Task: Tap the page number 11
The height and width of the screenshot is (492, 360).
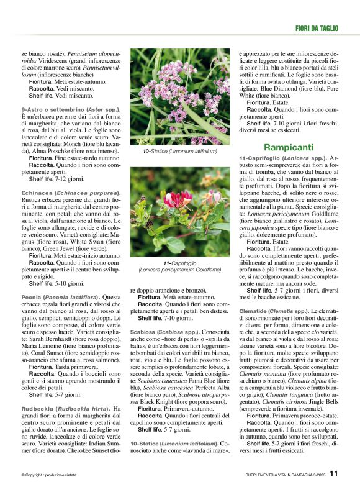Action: pos(334,473)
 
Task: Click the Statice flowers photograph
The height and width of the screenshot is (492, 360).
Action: pos(179,98)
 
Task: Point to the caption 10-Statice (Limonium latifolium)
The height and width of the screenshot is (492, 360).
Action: pos(179,151)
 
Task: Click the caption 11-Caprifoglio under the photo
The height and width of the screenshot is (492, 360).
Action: pos(179,266)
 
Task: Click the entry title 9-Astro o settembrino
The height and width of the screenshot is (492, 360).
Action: pos(70,109)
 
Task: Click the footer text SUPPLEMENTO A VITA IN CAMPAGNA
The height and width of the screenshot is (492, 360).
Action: pos(282,475)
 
